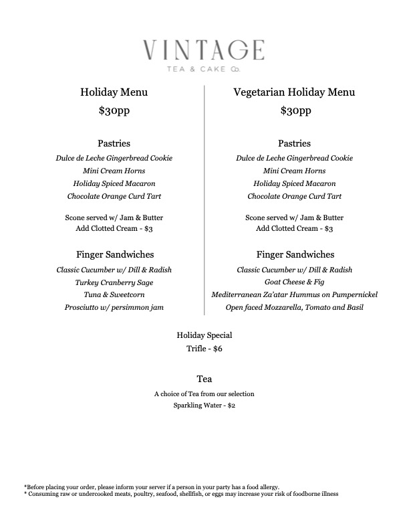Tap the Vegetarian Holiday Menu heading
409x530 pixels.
294,92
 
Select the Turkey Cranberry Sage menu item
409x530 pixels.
114,282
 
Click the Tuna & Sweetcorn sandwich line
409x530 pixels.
114,294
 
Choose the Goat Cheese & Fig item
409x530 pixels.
294,282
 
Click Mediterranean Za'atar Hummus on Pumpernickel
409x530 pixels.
294,294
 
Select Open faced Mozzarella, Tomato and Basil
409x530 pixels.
294,307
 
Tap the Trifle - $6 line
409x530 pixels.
204,349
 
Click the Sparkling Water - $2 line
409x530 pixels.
204,406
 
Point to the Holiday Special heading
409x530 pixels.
204,335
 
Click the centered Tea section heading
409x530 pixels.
204,379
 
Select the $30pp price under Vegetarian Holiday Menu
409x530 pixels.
294,111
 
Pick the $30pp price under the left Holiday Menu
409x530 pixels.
114,111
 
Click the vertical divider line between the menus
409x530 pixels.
204,201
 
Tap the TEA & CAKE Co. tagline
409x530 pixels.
204,68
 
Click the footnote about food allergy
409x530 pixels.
151,487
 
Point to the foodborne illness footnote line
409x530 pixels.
181,494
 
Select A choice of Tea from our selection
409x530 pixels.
204,393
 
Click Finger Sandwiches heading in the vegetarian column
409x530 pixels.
294,255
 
